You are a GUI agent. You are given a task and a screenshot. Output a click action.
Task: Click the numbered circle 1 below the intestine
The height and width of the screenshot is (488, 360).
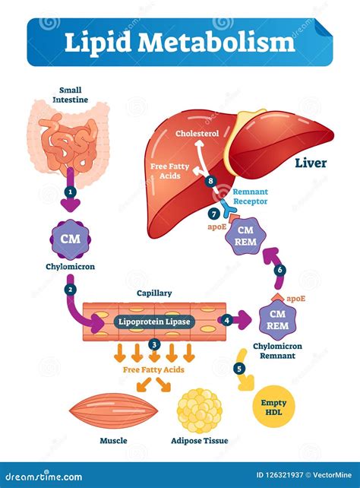click(70, 192)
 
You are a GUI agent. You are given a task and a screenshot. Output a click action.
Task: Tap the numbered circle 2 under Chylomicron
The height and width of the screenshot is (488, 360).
click(70, 290)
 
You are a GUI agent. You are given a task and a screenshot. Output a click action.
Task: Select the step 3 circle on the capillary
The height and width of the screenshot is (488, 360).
click(155, 344)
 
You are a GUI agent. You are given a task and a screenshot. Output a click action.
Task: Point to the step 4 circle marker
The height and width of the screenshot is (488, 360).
click(226, 320)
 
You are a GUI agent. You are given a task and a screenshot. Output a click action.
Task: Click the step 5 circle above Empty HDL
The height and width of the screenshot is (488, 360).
click(240, 369)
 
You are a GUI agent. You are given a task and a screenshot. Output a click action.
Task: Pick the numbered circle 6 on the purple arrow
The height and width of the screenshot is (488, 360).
click(280, 270)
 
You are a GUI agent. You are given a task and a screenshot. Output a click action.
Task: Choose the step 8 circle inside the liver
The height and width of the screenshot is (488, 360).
click(210, 181)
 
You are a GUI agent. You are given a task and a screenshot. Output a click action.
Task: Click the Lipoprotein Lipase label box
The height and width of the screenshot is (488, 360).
click(155, 322)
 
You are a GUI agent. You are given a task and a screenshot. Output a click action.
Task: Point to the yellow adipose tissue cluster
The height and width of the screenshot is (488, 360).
click(200, 409)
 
